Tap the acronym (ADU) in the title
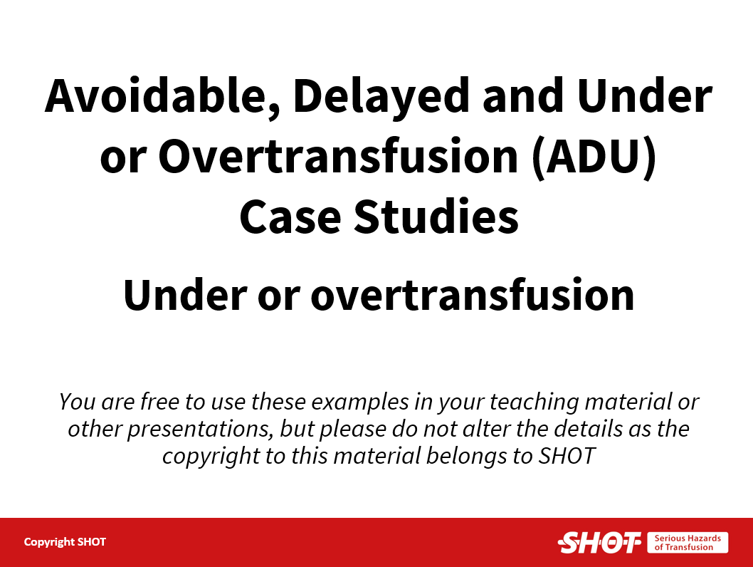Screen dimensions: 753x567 pos(594,156)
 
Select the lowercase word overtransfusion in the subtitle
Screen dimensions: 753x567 pos(473,294)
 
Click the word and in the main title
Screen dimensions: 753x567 pos(522,95)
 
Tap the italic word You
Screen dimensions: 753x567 pos(77,402)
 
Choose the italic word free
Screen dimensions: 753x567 pos(159,401)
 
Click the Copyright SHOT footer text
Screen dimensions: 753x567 pos(65,542)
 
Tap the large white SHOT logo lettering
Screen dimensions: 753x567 pos(599,543)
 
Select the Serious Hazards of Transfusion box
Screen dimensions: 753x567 pos(688,543)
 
